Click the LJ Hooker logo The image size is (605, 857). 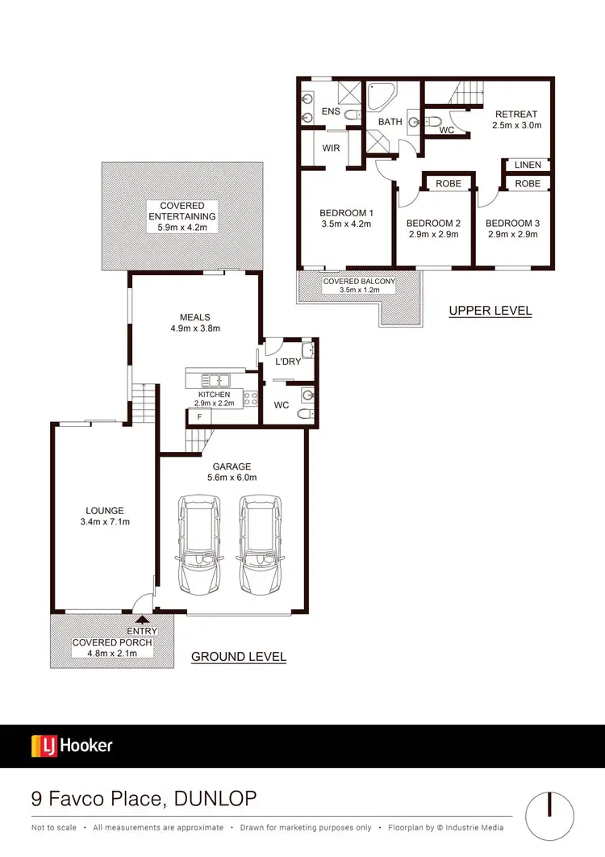click(72, 746)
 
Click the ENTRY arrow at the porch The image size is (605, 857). click(143, 620)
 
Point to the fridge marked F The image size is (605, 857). click(198, 417)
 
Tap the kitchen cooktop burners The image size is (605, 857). click(250, 397)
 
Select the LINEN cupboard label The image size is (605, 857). click(528, 165)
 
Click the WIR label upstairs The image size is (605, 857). click(331, 148)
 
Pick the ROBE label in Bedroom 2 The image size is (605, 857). click(449, 184)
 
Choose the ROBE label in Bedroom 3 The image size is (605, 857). click(528, 184)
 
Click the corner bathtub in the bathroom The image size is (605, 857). click(379, 98)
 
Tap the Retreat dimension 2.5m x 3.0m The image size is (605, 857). click(516, 125)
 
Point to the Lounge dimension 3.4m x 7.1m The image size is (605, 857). click(106, 522)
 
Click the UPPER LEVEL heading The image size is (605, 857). click(490, 311)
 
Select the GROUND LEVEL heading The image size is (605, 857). click(238, 657)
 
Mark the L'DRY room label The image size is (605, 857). click(288, 362)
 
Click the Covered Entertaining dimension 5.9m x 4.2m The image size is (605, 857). click(181, 228)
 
